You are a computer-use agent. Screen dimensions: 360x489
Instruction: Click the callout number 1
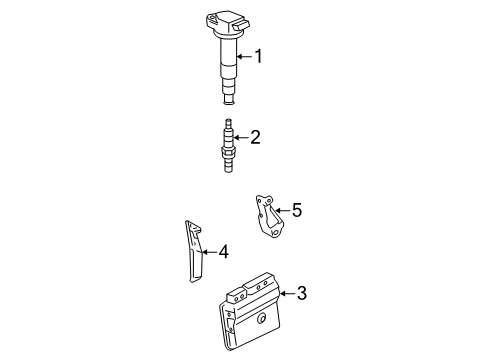[x=258, y=57]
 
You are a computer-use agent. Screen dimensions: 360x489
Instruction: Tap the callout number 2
[x=255, y=137]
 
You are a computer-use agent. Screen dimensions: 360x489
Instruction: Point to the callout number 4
[x=223, y=251]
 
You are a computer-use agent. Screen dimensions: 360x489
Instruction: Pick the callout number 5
[x=295, y=210]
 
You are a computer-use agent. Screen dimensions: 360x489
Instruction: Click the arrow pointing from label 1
[x=244, y=57]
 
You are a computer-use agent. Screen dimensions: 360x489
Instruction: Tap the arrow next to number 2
[x=241, y=138]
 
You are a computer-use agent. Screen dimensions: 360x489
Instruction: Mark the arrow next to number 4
[x=209, y=251]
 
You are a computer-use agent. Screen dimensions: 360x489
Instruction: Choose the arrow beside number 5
[x=281, y=210]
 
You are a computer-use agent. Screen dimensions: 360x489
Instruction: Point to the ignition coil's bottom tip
[x=228, y=97]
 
